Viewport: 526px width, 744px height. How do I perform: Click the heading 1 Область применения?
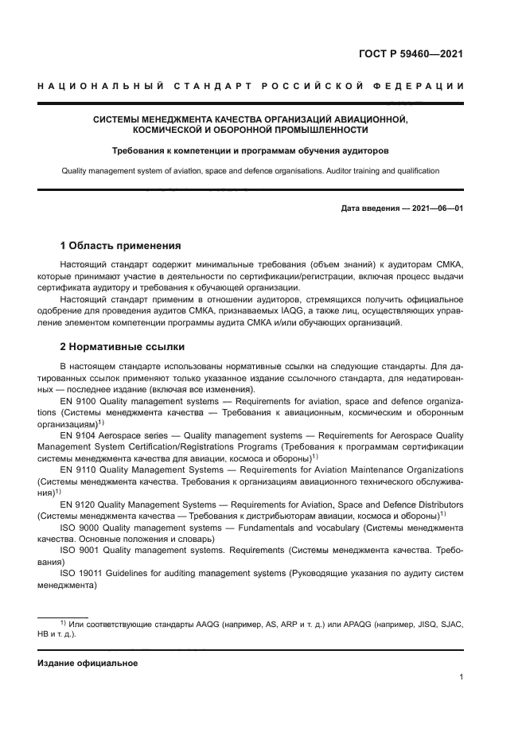point(120,245)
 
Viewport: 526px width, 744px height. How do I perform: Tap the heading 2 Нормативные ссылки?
point(122,347)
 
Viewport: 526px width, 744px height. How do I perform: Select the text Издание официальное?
point(88,663)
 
